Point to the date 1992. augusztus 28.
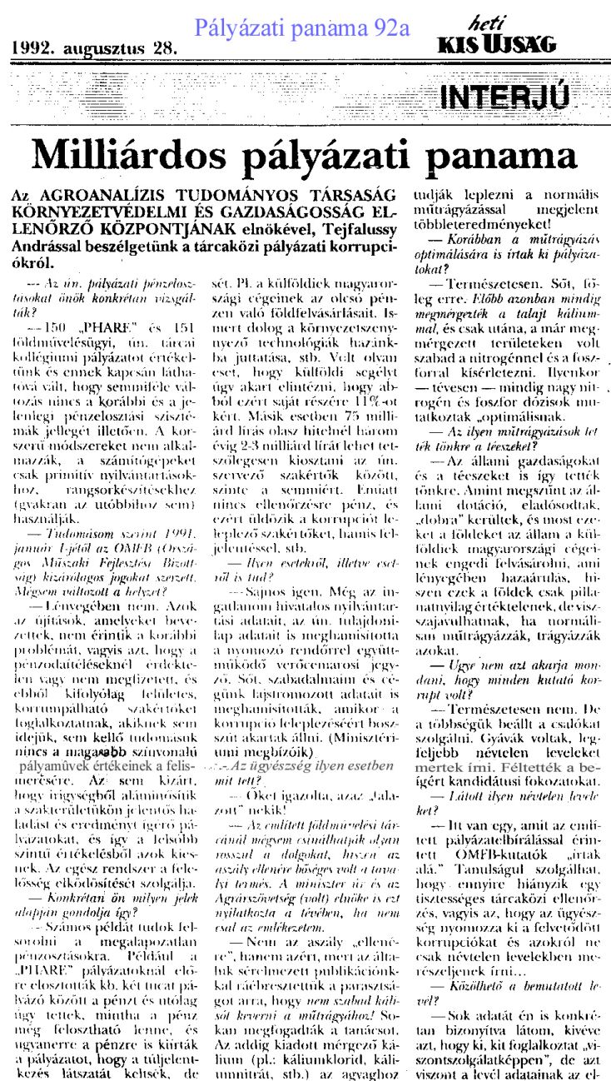(94, 48)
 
